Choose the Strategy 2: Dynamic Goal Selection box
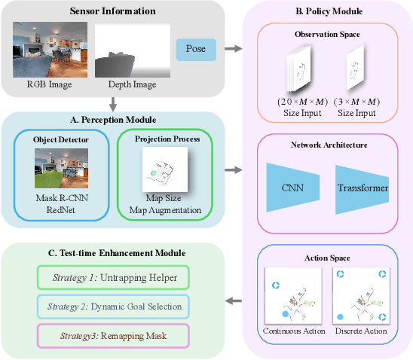point(113,306)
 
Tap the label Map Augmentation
point(163,209)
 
